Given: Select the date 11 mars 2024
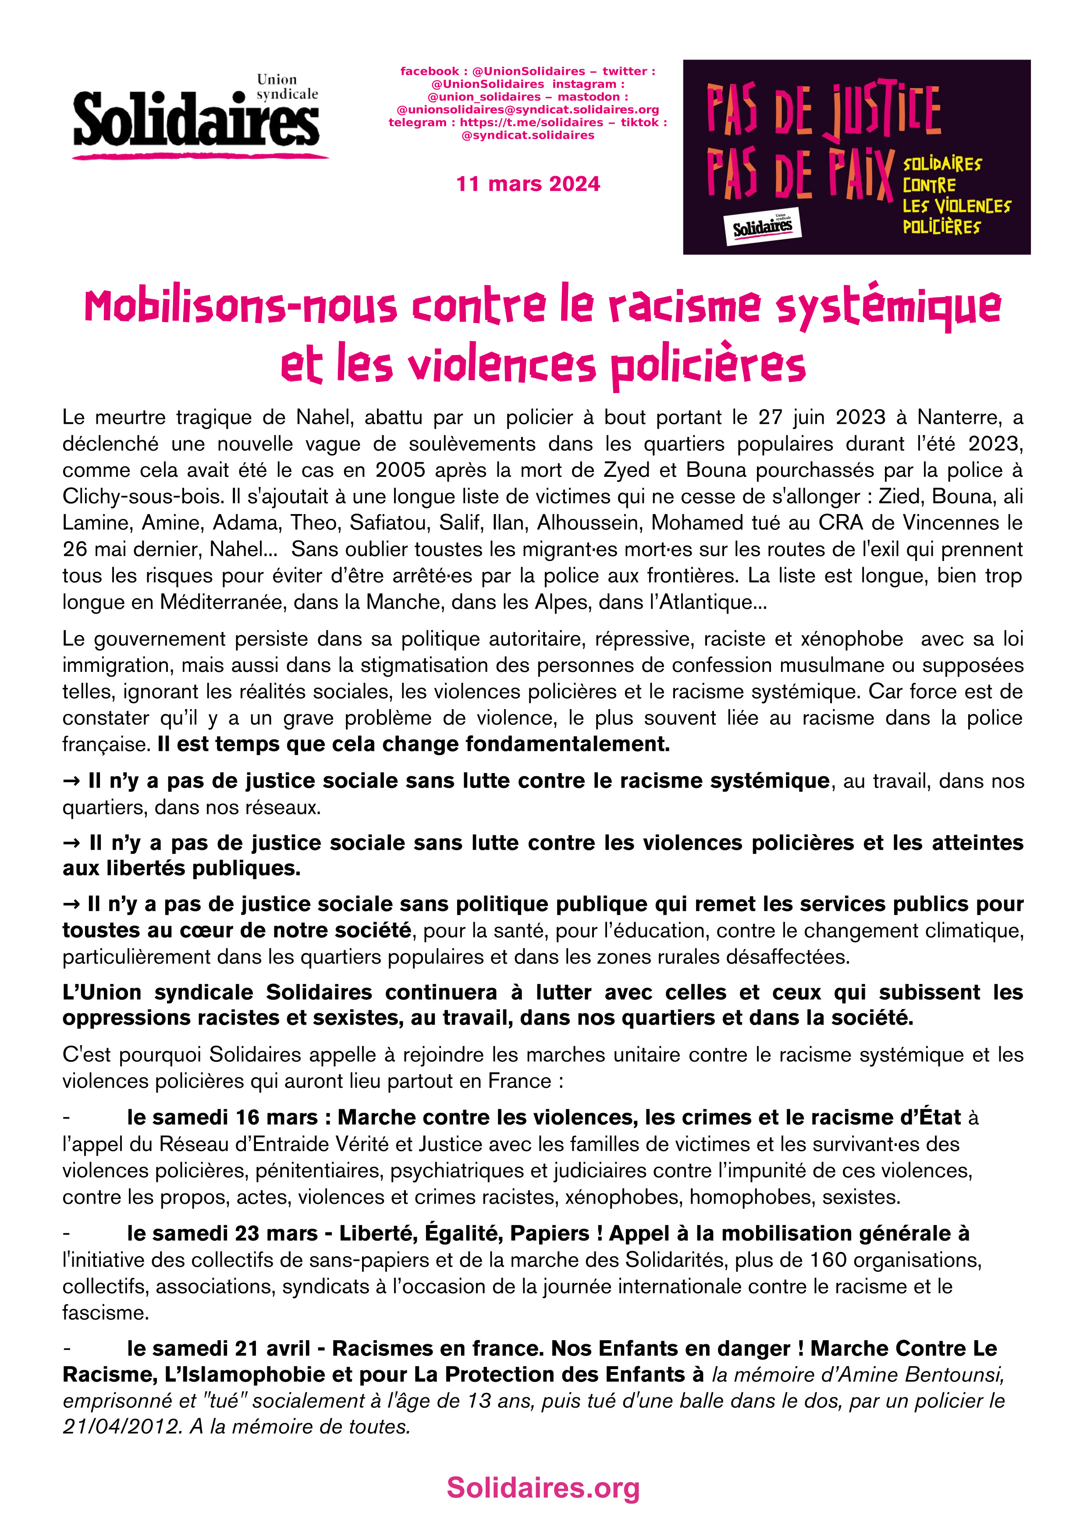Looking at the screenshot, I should [x=528, y=184].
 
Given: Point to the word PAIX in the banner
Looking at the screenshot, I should [x=860, y=175].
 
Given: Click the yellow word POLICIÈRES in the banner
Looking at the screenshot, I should [x=941, y=227].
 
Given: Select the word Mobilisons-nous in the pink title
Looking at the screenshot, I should [x=241, y=307].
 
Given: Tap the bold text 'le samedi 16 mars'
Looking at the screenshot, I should [x=222, y=1117].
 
